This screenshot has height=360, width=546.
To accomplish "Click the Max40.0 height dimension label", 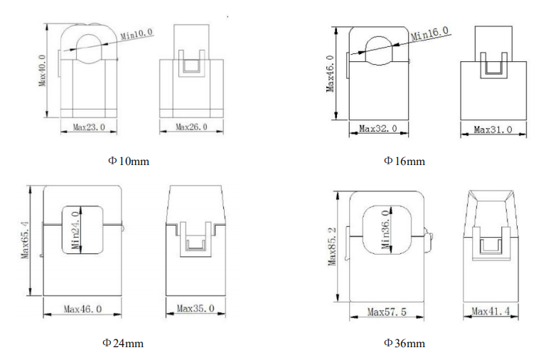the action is [x=43, y=70].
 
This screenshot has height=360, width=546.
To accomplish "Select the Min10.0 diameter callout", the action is [x=136, y=34].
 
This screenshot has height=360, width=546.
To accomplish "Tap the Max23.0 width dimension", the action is [x=89, y=127].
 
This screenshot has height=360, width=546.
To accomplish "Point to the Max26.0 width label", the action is [x=191, y=127].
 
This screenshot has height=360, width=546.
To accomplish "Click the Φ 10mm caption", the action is [x=129, y=161].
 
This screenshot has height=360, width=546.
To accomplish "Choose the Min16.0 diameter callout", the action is [x=429, y=34].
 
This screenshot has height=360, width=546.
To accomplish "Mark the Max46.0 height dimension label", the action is [x=330, y=73].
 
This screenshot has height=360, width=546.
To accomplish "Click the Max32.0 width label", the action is [x=378, y=129].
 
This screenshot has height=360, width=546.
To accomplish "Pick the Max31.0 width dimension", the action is [x=493, y=129].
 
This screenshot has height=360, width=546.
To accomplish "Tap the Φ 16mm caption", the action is [x=405, y=161].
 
